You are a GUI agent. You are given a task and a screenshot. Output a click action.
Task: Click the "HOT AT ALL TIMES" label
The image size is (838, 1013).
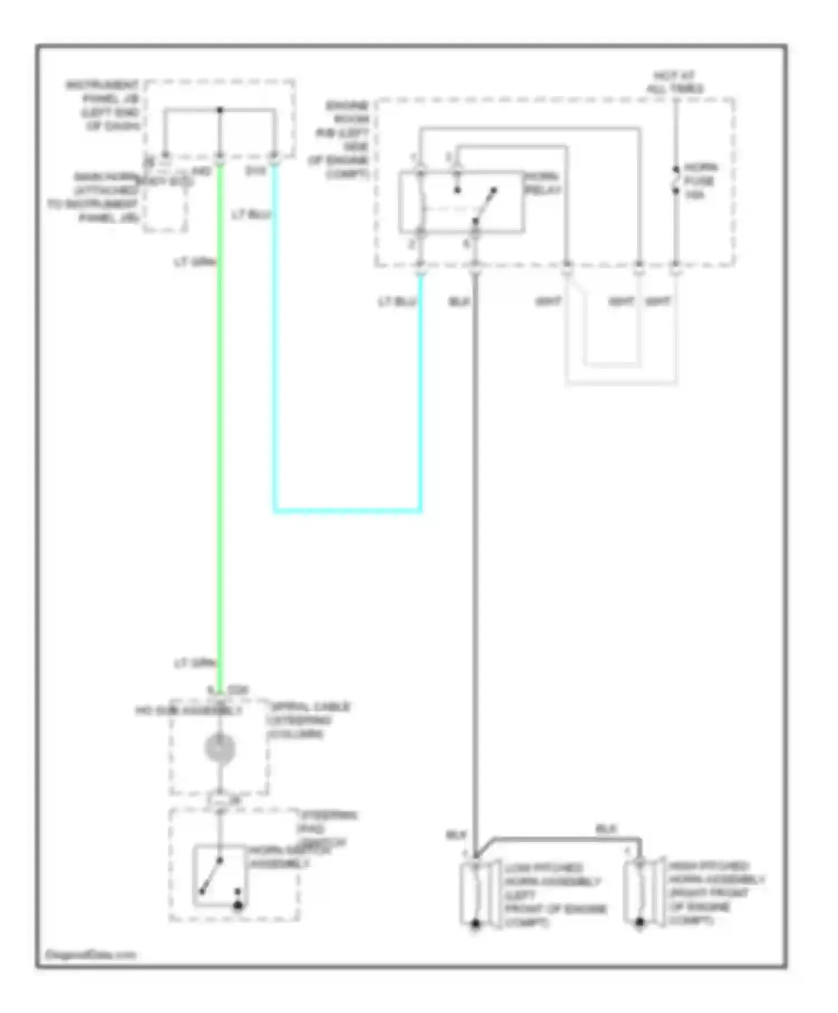tap(675, 82)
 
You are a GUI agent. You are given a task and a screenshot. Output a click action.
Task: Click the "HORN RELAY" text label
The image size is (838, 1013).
tap(542, 183)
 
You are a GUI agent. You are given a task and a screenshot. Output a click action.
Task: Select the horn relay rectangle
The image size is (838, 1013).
tap(461, 202)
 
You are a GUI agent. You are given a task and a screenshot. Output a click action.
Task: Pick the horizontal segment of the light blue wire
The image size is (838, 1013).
tap(347, 510)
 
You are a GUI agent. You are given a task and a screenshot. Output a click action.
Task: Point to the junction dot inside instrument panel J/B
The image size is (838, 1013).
tap(220, 110)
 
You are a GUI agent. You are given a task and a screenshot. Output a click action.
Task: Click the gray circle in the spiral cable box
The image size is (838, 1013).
tap(220, 748)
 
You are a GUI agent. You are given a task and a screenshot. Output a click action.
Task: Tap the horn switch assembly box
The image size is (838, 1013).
tap(220, 876)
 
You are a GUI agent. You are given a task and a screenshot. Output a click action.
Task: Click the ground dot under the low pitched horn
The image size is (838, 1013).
tap(475, 924)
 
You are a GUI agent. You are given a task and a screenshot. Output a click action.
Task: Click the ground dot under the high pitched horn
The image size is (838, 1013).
tap(640, 923)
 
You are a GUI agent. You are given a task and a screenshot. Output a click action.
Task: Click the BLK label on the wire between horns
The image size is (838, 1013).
tap(606, 829)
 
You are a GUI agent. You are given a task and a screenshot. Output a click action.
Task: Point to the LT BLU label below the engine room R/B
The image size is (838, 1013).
tap(397, 302)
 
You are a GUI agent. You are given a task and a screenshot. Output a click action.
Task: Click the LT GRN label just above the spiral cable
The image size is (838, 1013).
tap(194, 663)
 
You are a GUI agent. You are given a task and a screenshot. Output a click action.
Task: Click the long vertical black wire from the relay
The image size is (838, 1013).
tap(475, 558)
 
